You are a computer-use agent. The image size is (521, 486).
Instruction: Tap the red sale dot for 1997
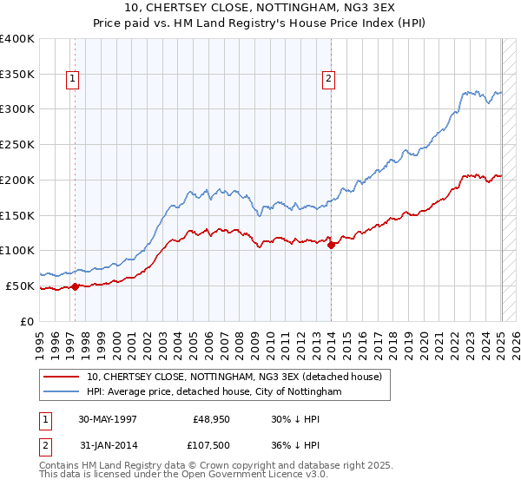click(x=75, y=286)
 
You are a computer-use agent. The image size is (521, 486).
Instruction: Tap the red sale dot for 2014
click(x=332, y=245)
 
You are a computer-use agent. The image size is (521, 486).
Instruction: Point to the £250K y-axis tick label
click(x=17, y=145)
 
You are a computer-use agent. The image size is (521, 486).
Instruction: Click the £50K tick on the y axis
click(x=20, y=286)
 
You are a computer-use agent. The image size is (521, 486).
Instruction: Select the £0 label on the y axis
click(x=28, y=321)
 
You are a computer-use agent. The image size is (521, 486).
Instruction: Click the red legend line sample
click(x=62, y=377)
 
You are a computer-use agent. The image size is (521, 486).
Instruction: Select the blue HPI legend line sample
click(x=62, y=392)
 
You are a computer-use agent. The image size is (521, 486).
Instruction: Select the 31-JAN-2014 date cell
click(x=109, y=447)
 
